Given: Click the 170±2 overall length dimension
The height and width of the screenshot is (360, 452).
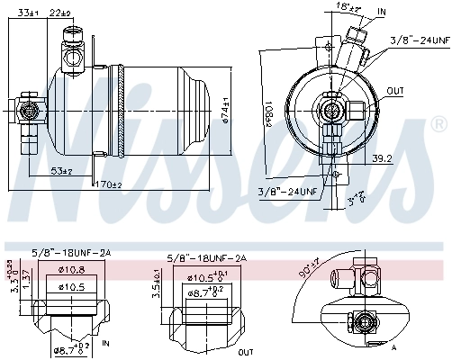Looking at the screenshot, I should pos(107,184).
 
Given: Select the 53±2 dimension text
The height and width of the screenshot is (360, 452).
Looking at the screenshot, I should pos(61,169).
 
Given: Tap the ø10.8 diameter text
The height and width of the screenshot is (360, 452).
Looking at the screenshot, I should pos(71,270).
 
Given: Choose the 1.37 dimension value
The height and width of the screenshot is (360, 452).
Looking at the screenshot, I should pos(27,282).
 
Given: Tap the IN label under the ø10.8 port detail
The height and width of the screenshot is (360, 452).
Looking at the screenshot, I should pos(107,344).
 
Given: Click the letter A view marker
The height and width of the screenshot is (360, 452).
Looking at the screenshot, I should pos(394,346).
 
